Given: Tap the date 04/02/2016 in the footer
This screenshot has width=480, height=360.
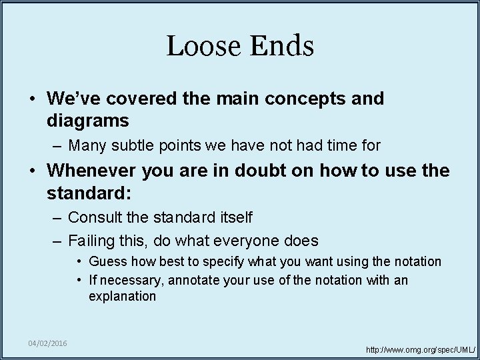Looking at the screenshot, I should pyautogui.click(x=47, y=343).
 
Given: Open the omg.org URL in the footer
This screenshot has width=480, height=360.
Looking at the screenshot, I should pyautogui.click(x=421, y=349).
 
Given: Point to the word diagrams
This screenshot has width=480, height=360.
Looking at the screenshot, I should pyautogui.click(x=87, y=121).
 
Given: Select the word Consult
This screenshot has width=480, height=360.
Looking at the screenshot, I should pyautogui.click(x=93, y=217).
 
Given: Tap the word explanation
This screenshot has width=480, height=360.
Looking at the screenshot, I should pyautogui.click(x=122, y=297).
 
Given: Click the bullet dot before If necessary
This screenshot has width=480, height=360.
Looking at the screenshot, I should pyautogui.click(x=79, y=280).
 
